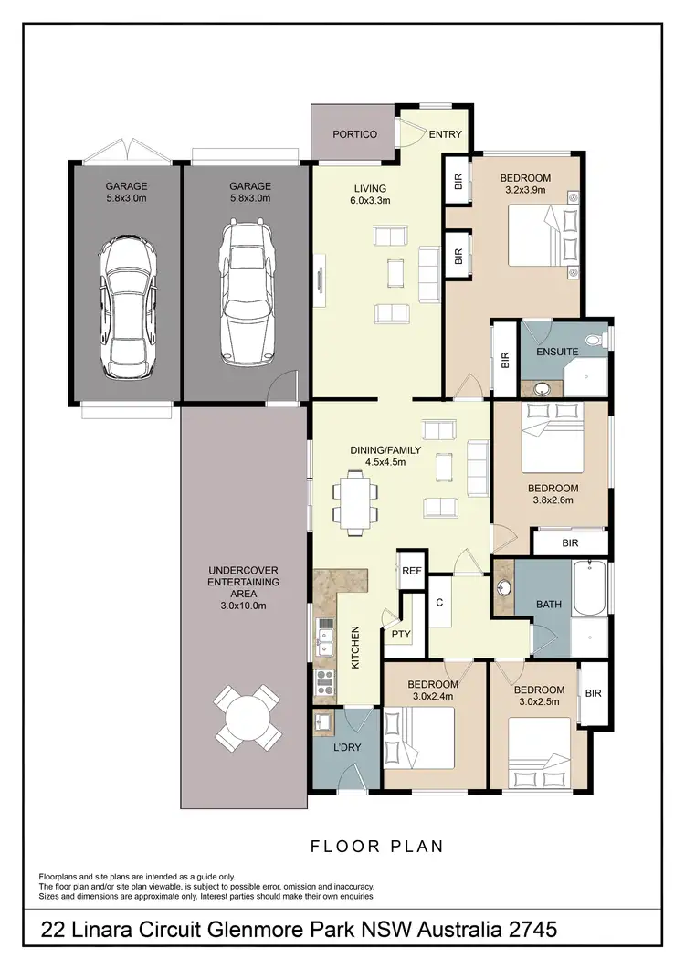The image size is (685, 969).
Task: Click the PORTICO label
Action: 354,134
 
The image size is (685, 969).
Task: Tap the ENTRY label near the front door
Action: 446,134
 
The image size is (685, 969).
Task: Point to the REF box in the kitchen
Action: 413,569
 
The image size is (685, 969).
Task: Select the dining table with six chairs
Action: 354,501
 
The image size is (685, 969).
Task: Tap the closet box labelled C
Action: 439,603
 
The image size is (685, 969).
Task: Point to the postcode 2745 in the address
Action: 526,931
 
